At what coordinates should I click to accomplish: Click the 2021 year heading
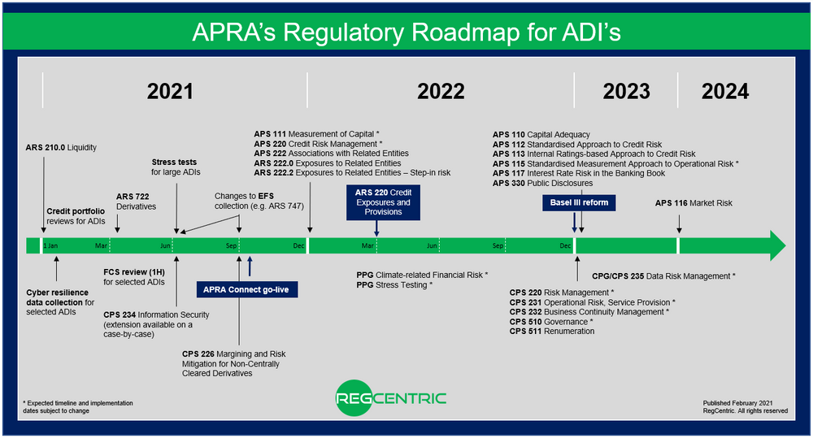[170, 91]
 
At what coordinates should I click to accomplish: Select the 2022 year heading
[441, 91]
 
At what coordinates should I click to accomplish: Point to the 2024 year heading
[725, 91]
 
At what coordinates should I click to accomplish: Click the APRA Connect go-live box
[247, 288]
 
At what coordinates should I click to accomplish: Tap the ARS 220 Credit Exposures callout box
[376, 202]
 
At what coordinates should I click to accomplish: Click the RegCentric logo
[390, 399]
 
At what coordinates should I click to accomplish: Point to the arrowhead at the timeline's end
[776, 245]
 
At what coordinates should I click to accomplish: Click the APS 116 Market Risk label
[693, 203]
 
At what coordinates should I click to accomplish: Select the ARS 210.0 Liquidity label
[61, 148]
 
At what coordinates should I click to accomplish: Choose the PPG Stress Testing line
[394, 285]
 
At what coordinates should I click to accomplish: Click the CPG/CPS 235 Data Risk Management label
[663, 276]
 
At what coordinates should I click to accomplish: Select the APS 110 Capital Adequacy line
[541, 134]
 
